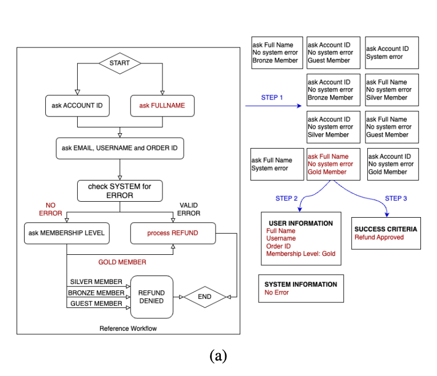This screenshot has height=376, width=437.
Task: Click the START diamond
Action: pyautogui.click(x=120, y=63)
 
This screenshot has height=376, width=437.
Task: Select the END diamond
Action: pyautogui.click(x=204, y=297)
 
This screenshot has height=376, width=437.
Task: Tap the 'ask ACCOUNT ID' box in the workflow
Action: pyautogui.click(x=77, y=106)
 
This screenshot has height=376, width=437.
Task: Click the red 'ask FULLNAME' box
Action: pyautogui.click(x=162, y=106)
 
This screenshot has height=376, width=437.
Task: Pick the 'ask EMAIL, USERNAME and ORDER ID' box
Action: pyautogui.click(x=120, y=149)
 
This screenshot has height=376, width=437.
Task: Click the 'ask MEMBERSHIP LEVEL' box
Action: pyautogui.click(x=67, y=233)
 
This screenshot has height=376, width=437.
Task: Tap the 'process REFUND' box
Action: pyautogui.click(x=172, y=233)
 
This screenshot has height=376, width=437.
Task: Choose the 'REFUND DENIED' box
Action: pyautogui.click(x=152, y=297)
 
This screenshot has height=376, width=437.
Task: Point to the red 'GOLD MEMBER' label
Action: pyautogui.click(x=122, y=262)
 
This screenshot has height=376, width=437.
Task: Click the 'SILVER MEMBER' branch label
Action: pyautogui.click(x=96, y=282)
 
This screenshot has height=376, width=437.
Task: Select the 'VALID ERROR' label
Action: pyautogui.click(x=189, y=209)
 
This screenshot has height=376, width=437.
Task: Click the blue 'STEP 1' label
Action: pyautogui.click(x=272, y=98)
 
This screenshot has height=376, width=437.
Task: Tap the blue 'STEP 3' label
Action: pyautogui.click(x=396, y=199)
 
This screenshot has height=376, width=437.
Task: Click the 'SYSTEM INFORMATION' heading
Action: pyautogui.click(x=300, y=285)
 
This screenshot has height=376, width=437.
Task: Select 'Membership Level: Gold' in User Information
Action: pyautogui.click(x=301, y=254)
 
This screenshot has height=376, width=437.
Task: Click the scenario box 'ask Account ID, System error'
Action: pyautogui.click(x=392, y=53)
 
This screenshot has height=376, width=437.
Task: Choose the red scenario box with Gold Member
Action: pyautogui.click(x=333, y=165)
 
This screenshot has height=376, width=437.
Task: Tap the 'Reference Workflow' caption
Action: pyautogui.click(x=128, y=329)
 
